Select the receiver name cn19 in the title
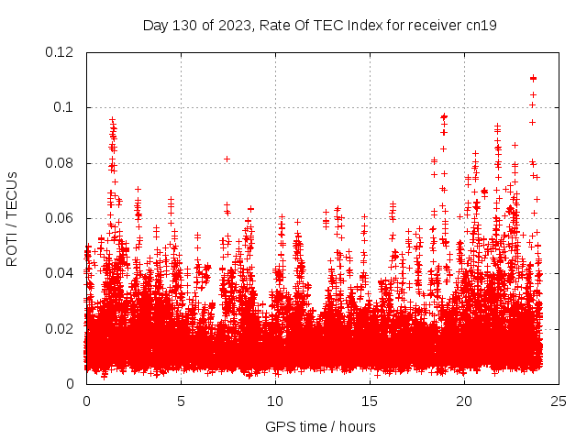[481, 25]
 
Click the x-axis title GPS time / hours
[320, 426]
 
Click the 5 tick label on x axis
[181, 401]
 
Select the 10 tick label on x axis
[275, 401]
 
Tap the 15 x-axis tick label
[370, 401]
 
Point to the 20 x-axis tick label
[464, 401]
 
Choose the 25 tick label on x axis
[559, 401]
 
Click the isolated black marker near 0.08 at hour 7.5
[227, 159]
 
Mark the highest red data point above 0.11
[533, 78]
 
